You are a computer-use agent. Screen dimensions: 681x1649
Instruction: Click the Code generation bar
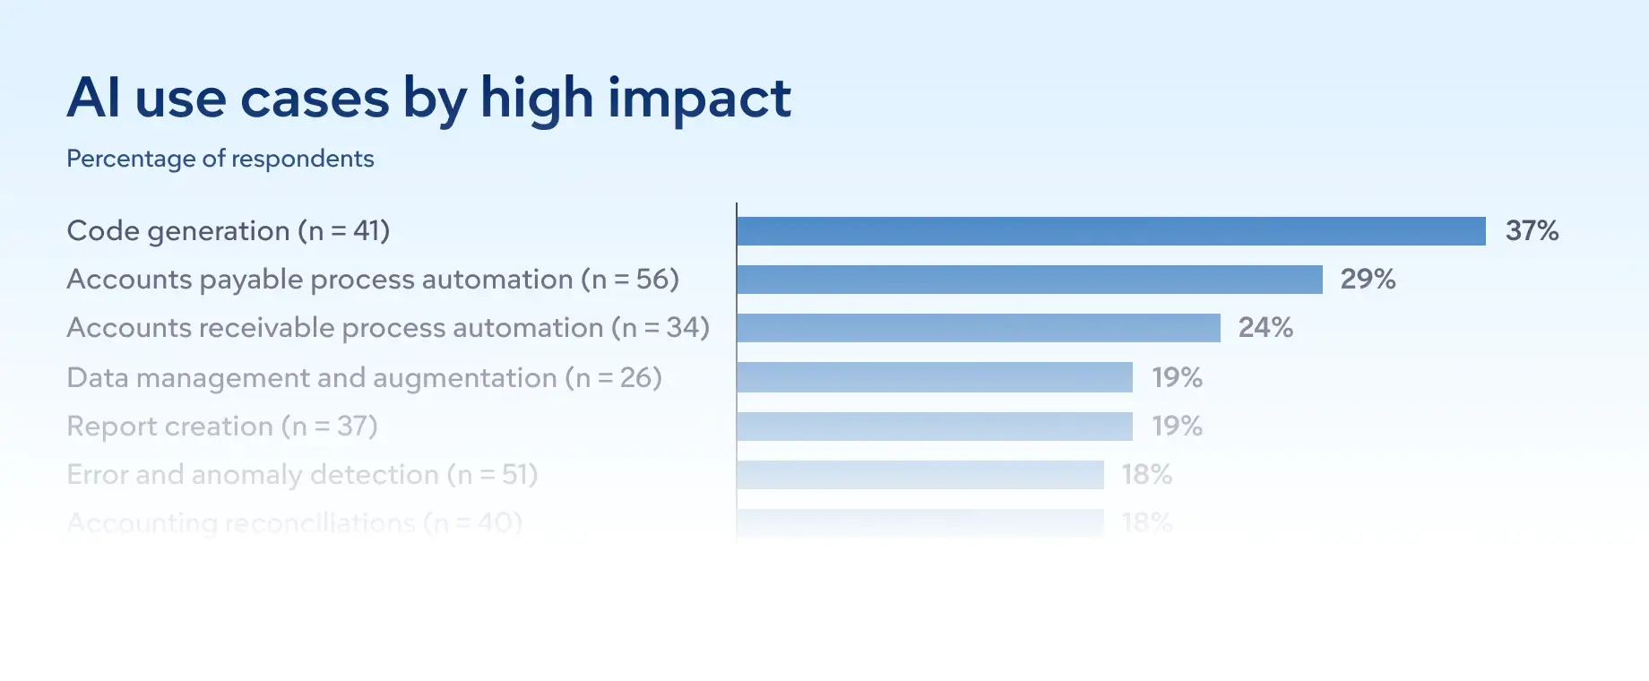click(1110, 231)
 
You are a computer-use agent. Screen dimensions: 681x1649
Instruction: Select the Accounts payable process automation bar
click(1029, 280)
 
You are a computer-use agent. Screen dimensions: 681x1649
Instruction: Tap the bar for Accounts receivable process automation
click(978, 328)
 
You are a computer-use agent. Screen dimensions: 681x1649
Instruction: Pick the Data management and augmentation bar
click(934, 377)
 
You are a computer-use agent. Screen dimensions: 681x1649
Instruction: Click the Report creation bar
click(934, 427)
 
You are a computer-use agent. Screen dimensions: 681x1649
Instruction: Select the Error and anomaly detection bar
click(919, 475)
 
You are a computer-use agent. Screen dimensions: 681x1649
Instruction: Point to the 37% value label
click(1532, 231)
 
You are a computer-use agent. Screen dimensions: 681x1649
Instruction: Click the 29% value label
click(1368, 280)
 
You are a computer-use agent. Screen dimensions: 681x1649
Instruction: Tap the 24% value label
click(1265, 328)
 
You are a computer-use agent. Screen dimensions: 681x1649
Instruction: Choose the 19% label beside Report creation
click(1177, 427)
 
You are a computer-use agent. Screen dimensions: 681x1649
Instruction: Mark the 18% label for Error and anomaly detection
click(1147, 475)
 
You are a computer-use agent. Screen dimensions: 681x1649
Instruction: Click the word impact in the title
click(699, 99)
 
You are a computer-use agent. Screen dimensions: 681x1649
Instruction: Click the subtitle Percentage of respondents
click(220, 159)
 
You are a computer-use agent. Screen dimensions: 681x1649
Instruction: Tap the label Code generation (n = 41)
click(229, 231)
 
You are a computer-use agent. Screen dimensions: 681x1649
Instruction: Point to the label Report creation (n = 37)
click(222, 427)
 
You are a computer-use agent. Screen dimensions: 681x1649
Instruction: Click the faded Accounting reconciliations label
click(294, 522)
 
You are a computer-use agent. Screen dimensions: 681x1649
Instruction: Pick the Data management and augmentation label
click(364, 378)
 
